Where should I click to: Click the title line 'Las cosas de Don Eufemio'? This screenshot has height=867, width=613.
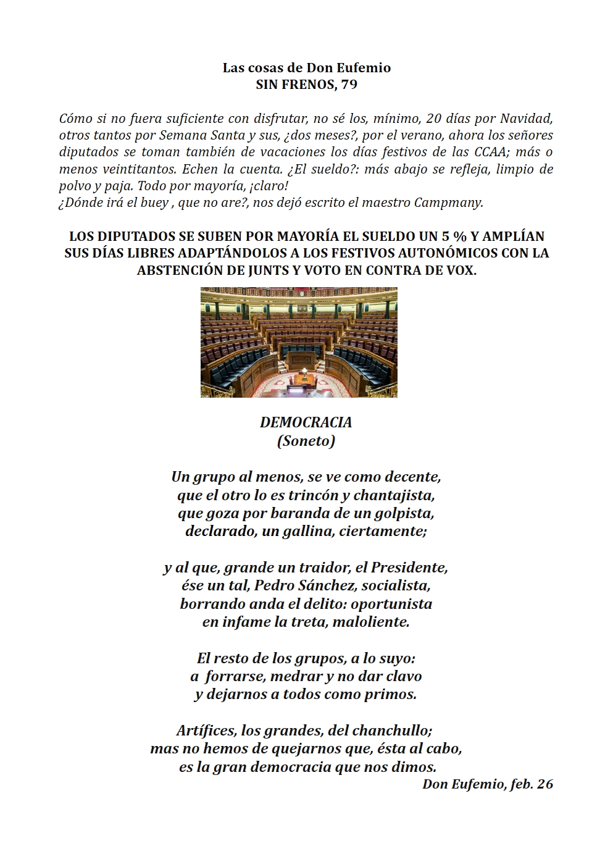point(306,68)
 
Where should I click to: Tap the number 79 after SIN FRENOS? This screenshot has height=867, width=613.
point(349,85)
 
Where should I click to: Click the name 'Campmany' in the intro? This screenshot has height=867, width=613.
point(453,203)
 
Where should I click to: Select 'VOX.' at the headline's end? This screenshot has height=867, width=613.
point(459,270)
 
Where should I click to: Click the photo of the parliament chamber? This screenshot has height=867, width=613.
point(299,342)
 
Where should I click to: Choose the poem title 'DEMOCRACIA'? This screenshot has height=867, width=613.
point(306,422)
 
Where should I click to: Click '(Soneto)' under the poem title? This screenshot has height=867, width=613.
point(306,441)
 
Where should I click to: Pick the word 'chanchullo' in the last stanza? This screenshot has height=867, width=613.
point(393,731)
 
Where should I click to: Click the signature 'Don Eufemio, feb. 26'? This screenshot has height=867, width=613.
point(488,784)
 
